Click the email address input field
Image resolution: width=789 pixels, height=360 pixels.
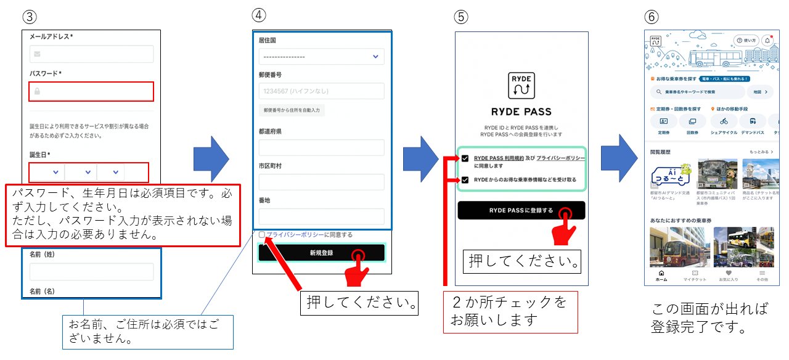[91, 54]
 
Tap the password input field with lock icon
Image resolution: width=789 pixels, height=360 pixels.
[91, 91]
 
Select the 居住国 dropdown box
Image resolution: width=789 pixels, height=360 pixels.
[321, 57]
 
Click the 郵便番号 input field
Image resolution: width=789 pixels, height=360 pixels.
[321, 91]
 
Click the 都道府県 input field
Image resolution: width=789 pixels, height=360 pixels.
[321, 147]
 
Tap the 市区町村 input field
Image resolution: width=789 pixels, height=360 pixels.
[321, 182]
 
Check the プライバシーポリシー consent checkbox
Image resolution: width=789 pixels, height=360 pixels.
[262, 235]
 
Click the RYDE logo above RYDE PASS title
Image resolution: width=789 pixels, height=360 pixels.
[521, 86]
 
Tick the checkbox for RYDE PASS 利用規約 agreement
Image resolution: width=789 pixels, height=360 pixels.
[465, 159]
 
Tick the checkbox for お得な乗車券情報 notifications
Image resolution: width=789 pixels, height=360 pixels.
[465, 180]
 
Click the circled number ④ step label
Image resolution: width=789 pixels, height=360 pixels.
[260, 15]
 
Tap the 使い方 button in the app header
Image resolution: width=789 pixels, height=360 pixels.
[746, 40]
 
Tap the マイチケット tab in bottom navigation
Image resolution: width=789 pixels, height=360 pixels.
[695, 276]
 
